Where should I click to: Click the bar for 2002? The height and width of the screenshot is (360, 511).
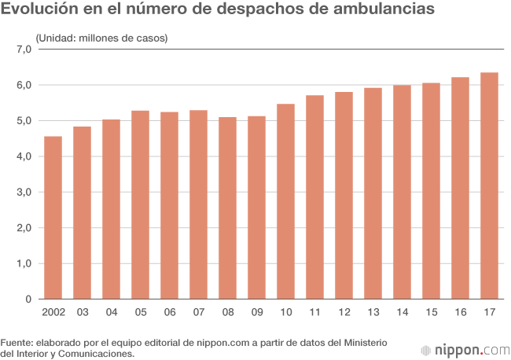(x=53, y=219)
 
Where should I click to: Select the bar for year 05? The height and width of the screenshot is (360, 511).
(x=140, y=205)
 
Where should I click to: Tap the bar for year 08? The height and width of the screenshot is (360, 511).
(x=227, y=208)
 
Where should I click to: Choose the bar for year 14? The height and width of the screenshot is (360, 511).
(x=402, y=193)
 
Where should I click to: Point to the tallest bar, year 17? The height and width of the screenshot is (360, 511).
(x=489, y=186)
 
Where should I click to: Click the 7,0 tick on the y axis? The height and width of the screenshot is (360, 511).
(x=23, y=49)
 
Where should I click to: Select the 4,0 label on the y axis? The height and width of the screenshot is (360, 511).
(x=23, y=156)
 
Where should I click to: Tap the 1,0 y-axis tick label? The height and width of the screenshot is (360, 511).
(x=23, y=264)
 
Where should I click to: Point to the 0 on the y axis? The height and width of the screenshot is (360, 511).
(x=28, y=299)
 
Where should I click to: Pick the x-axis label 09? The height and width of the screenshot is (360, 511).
(x=256, y=313)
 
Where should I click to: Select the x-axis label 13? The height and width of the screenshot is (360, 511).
(x=373, y=313)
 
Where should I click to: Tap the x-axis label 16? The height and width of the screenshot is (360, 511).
(x=460, y=313)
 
